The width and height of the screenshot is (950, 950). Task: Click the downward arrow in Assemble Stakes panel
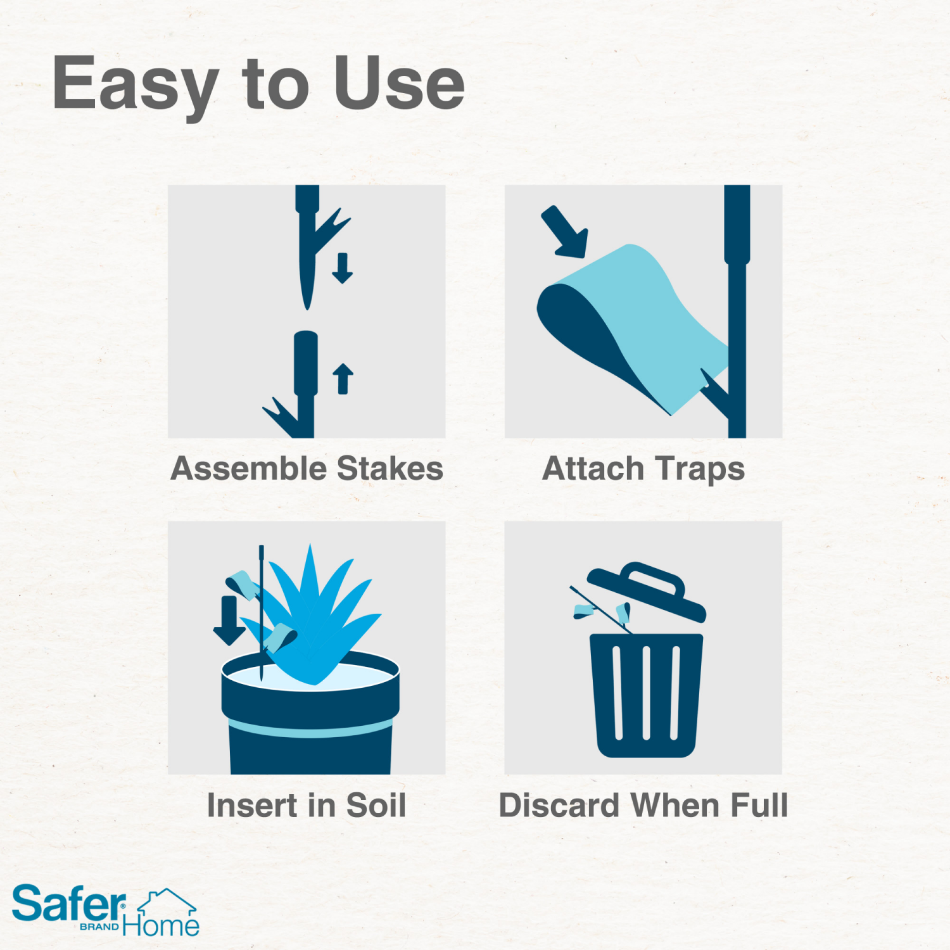click(x=343, y=268)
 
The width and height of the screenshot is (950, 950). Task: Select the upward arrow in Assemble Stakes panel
click(x=343, y=379)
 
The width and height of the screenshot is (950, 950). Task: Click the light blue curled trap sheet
click(x=652, y=317)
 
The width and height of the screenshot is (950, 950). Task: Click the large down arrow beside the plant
click(x=229, y=620)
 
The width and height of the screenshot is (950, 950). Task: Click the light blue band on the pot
click(x=310, y=729)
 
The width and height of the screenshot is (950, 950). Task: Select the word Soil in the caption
click(x=376, y=806)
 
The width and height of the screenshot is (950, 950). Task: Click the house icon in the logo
click(x=167, y=902)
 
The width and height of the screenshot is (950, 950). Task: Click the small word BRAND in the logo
click(x=99, y=927)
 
